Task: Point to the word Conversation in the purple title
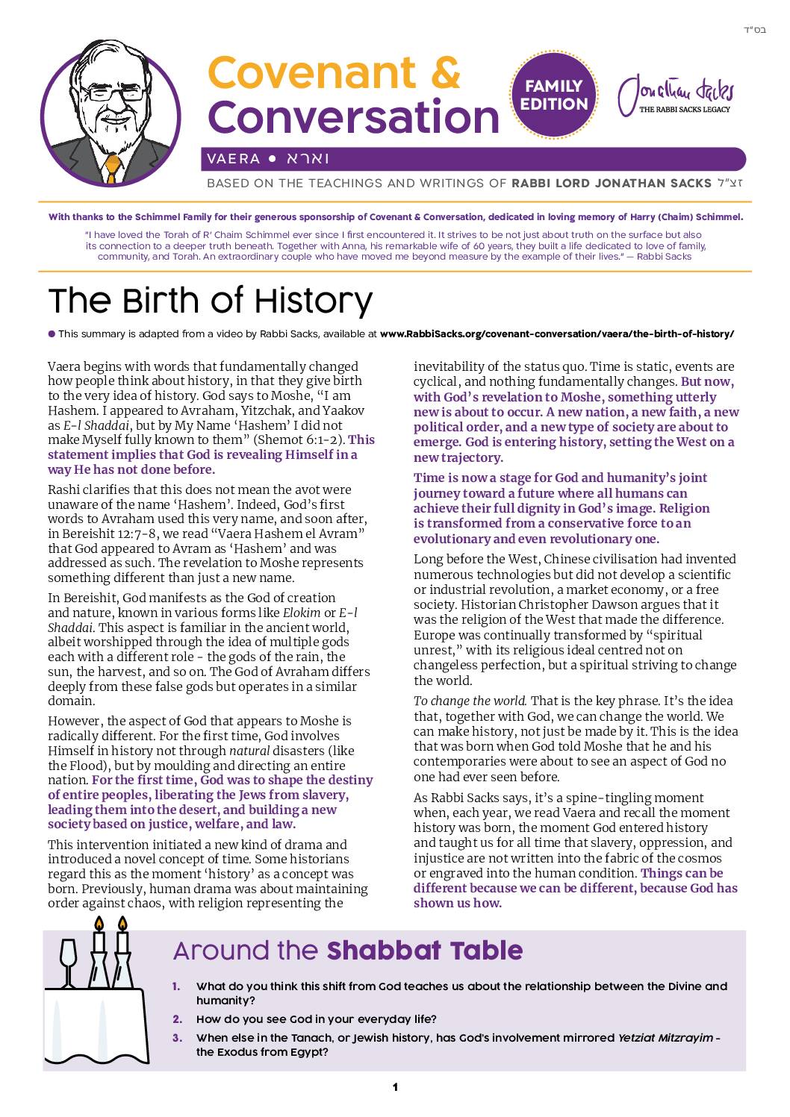tap(352, 117)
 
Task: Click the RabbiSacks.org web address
tap(557, 334)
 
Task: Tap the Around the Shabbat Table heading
tap(347, 951)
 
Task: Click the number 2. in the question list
tap(177, 1019)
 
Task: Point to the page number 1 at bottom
tap(395, 1087)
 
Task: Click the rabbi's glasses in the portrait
tap(104, 95)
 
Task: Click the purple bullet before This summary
tap(52, 334)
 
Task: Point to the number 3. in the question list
tap(177, 1038)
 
